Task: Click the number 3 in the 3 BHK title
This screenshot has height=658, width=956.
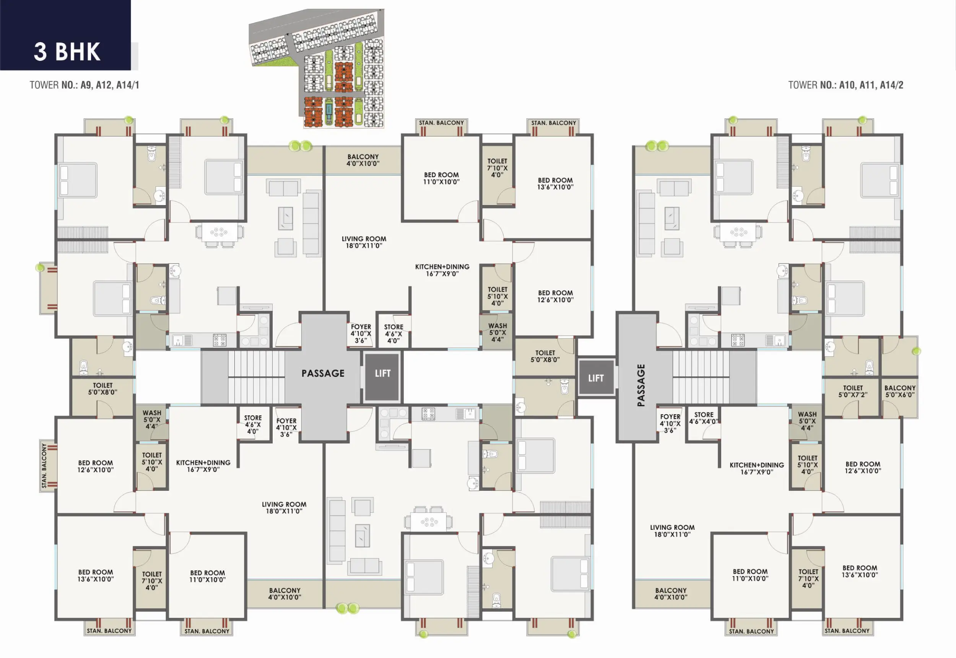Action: (x=41, y=52)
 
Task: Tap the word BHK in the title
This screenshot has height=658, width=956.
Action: (x=78, y=52)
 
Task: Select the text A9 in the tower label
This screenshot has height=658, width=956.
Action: (x=86, y=85)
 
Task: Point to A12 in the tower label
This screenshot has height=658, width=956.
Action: (x=104, y=85)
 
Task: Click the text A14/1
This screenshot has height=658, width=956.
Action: (x=128, y=85)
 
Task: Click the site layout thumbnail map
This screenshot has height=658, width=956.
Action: (x=317, y=68)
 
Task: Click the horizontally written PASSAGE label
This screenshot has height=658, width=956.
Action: (x=323, y=374)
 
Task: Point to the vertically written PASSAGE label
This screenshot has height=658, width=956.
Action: (x=641, y=385)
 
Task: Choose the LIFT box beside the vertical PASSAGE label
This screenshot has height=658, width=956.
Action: (x=596, y=378)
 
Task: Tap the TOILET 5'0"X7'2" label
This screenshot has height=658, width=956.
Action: (x=853, y=391)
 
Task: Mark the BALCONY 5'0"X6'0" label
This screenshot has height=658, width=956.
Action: (x=900, y=391)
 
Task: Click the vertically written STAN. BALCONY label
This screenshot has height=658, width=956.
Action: (x=44, y=466)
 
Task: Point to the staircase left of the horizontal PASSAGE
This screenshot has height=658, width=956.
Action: (x=256, y=377)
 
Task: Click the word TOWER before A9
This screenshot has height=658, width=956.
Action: (x=44, y=85)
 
